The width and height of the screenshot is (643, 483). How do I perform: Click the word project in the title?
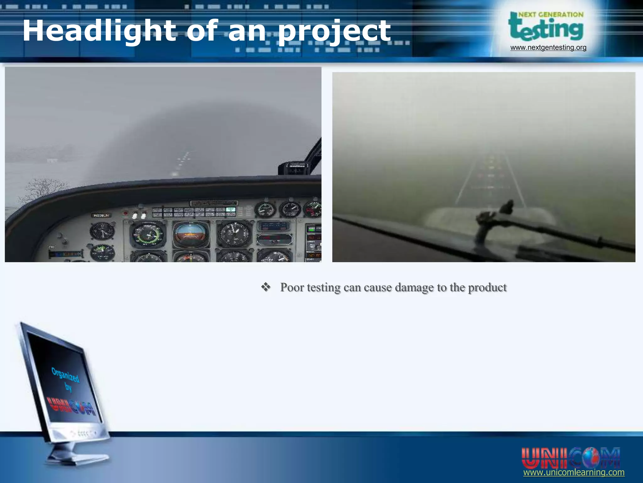pos(334,31)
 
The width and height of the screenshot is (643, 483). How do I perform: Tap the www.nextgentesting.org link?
pos(548,47)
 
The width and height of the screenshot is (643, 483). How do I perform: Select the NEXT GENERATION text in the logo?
pos(551,14)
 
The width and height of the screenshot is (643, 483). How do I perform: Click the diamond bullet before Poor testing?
pos(266,287)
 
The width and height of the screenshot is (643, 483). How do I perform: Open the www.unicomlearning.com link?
pos(574,473)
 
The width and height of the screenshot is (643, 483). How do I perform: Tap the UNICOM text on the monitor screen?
pos(72,406)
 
